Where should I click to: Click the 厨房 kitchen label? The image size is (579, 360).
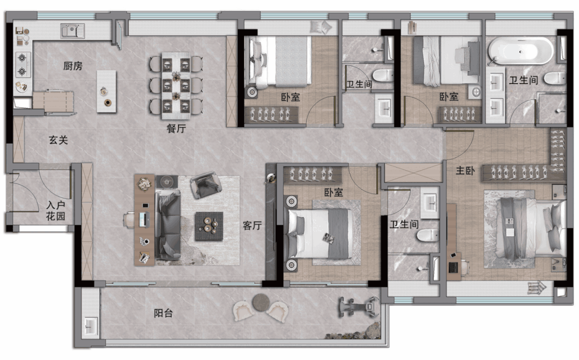(x=73, y=66)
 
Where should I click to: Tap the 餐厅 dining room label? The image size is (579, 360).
(x=176, y=128)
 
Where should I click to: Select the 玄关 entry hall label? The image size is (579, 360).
(x=58, y=141)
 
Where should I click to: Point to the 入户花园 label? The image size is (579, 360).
(x=55, y=211)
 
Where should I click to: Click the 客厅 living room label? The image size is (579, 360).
(x=252, y=225)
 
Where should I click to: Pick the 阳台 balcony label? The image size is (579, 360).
(x=163, y=313)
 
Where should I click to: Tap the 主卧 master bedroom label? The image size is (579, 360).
(x=465, y=171)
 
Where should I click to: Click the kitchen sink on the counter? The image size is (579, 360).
(x=73, y=31)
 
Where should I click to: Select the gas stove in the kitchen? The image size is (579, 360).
(x=22, y=64)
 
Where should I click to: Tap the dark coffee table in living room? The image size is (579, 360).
(x=209, y=226)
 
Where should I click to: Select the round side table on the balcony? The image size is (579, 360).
(x=261, y=302)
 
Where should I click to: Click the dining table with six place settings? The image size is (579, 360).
(x=176, y=86)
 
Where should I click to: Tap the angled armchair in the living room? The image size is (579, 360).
(x=206, y=184)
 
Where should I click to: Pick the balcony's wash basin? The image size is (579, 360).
(x=90, y=327)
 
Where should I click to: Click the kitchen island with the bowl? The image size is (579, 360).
(x=106, y=92)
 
